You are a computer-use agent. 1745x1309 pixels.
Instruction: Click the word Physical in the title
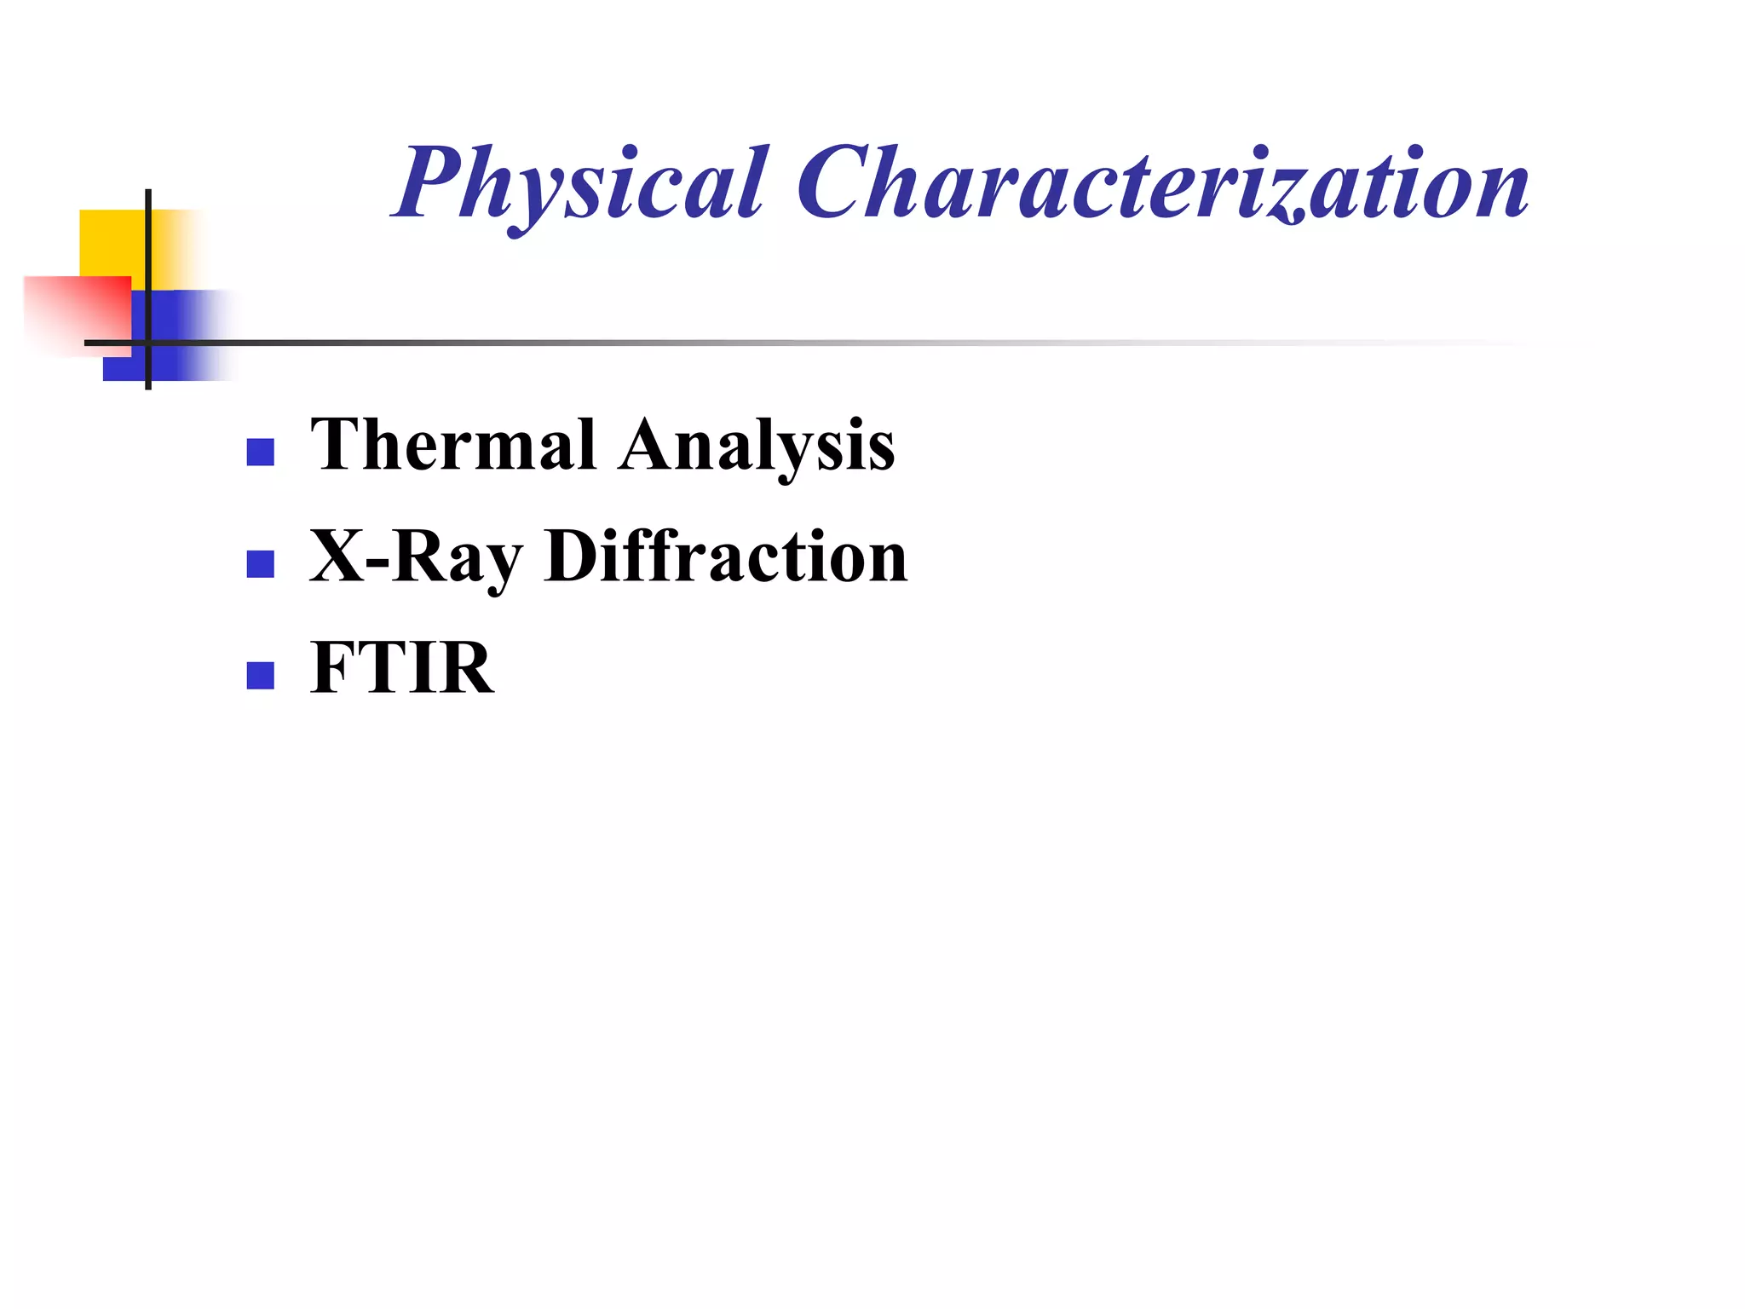coord(579,183)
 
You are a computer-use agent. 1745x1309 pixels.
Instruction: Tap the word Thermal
coord(452,445)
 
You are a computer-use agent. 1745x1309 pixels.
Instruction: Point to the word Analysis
coord(757,447)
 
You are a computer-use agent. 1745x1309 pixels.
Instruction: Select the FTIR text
coord(401,668)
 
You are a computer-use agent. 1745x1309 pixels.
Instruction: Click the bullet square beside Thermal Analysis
coord(260,452)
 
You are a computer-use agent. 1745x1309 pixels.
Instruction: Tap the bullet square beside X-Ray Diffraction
coord(260,563)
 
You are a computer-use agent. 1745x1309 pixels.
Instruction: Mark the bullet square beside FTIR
coord(260,675)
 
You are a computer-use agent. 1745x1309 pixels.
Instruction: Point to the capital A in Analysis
coord(652,445)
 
